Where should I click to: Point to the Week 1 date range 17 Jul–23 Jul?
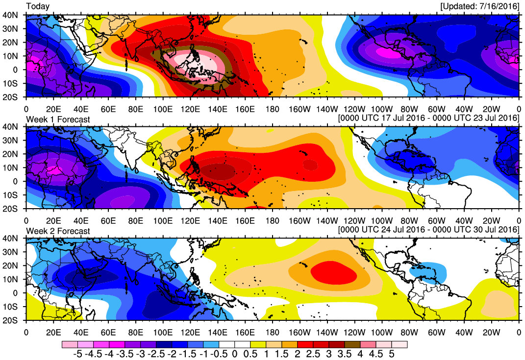(x=428, y=119)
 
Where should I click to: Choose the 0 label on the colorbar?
(x=235, y=354)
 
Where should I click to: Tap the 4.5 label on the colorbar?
(x=377, y=354)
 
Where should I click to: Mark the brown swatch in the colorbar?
(x=352, y=344)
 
